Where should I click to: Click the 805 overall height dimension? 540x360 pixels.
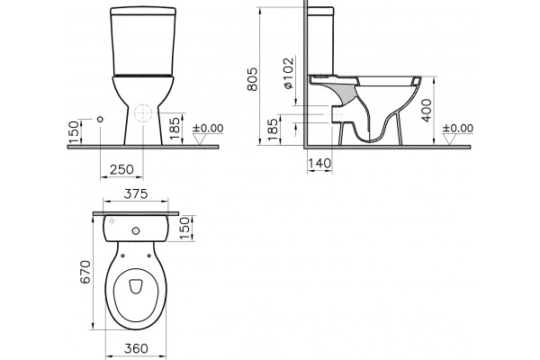[x=252, y=79]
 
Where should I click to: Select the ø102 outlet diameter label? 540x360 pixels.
[x=289, y=73]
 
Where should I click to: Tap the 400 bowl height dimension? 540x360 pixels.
[x=427, y=110]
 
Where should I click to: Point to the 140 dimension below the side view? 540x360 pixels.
[x=319, y=163]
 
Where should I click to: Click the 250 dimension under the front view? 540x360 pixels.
[x=121, y=169]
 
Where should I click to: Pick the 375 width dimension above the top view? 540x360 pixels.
[x=136, y=194]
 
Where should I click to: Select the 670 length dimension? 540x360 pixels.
[x=85, y=272]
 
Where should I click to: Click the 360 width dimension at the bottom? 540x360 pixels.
[x=136, y=348]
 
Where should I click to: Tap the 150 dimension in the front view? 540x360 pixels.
[x=74, y=132]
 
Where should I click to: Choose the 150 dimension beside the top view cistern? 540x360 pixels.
[x=184, y=228]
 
